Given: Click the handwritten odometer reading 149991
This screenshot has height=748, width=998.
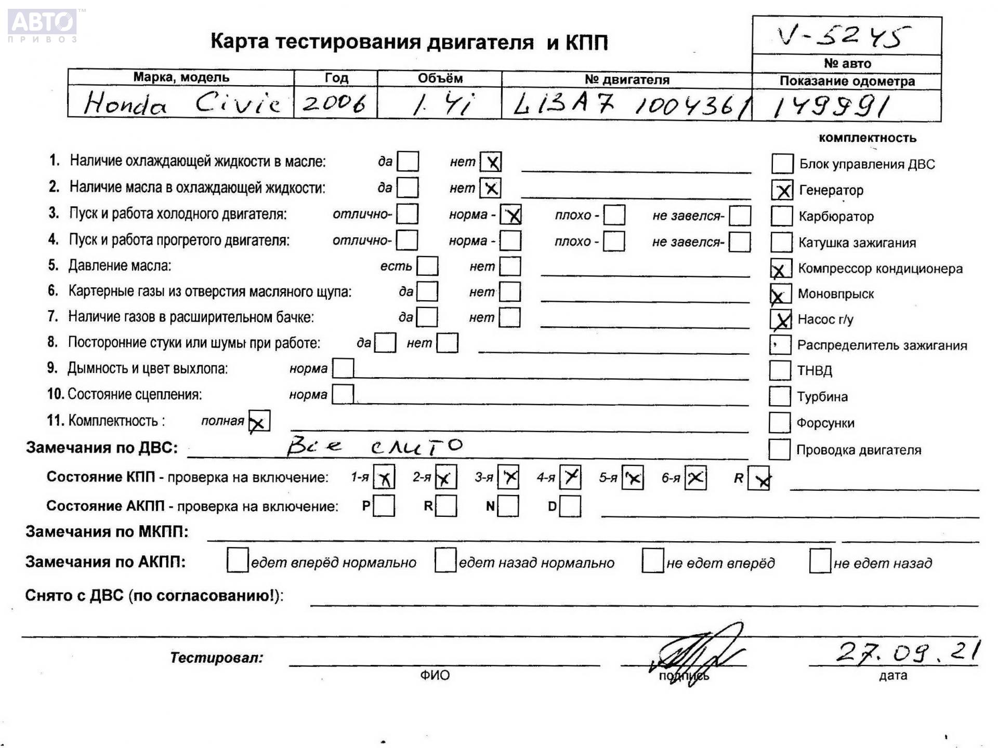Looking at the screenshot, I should point(831,107).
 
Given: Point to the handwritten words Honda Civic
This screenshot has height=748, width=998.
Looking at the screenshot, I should point(182,103).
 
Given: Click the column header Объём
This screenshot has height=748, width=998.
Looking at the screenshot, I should point(440,78).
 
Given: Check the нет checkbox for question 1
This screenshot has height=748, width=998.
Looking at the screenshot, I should point(491,162).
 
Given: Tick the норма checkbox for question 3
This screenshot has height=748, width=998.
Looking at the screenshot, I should point(510,215).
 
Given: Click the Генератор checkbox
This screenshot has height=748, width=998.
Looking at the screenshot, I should point(782,190).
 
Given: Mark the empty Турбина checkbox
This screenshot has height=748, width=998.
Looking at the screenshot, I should point(780,396).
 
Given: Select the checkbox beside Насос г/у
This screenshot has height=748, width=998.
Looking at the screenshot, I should point(781,319).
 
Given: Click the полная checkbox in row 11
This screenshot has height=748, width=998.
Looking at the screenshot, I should point(259,421).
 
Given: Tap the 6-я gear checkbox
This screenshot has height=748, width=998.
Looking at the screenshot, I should point(695,477).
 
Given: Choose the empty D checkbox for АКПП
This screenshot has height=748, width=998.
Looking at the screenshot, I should point(570,506).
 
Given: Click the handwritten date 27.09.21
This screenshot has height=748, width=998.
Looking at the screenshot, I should point(908,651).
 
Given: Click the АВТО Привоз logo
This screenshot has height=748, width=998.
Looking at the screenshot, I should point(43,24).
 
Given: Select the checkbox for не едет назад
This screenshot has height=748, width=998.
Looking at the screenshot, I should point(820,562).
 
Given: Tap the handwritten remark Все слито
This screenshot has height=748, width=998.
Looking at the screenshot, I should point(374,446).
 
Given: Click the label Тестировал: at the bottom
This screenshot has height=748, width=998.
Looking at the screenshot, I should point(216,658).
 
